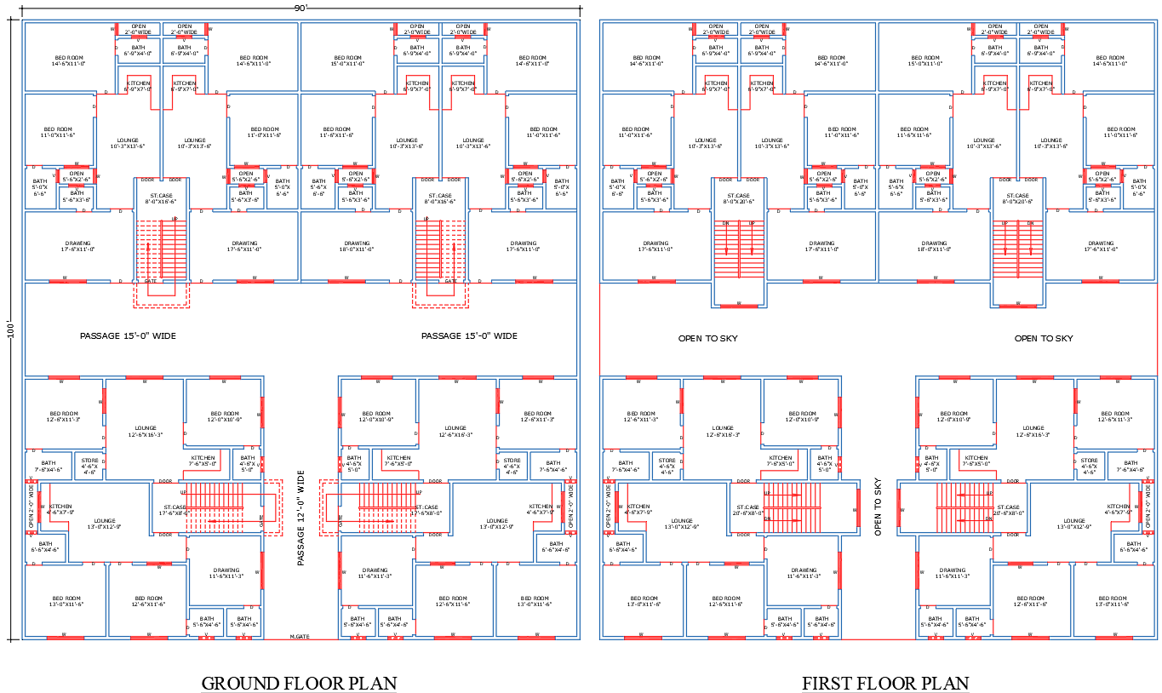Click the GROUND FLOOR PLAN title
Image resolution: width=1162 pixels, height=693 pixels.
click(299, 683)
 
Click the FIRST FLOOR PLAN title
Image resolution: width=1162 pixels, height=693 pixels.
click(884, 683)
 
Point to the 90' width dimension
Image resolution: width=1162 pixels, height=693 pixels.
click(301, 8)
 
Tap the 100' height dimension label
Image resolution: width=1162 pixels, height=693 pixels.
click(11, 329)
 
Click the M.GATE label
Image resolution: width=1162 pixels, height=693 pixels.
click(299, 636)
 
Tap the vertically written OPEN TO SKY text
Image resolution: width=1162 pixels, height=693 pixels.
click(878, 507)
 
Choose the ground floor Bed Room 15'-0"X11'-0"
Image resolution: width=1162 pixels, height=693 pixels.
click(346, 60)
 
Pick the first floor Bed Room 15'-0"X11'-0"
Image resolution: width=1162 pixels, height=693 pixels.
click(924, 60)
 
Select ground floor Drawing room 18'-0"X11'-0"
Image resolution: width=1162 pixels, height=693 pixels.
click(358, 246)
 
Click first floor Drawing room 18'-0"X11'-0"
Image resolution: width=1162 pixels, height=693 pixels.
click(934, 246)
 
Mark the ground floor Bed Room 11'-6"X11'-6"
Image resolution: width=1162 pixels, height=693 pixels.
click(336, 132)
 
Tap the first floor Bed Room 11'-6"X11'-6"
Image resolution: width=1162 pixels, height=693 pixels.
click(913, 132)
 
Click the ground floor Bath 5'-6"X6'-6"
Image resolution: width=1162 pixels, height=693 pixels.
click(318, 187)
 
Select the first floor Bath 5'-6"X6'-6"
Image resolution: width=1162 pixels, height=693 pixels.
click(896, 187)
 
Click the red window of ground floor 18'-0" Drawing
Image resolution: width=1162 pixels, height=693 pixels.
click(346, 280)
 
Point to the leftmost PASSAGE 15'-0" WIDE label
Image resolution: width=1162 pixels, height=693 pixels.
click(128, 336)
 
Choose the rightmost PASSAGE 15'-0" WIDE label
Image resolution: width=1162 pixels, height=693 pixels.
click(469, 336)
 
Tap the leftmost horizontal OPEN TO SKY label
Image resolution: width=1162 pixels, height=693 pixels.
click(707, 338)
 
